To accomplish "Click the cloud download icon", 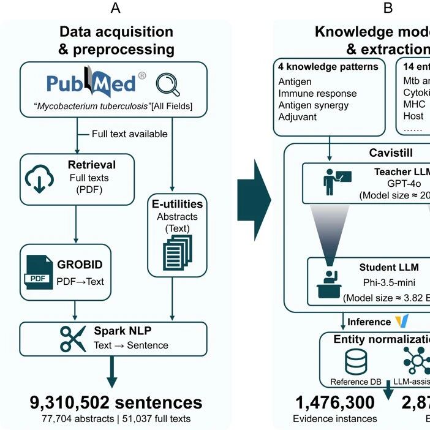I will (x=39, y=179).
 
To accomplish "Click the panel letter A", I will (x=116, y=9).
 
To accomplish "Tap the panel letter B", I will (x=388, y=9).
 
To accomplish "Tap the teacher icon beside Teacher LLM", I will (x=335, y=179).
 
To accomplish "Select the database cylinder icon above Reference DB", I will (x=355, y=361).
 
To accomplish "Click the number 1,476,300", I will (x=334, y=402).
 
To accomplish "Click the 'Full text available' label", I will (x=129, y=134).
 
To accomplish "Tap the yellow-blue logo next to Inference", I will (x=402, y=322).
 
